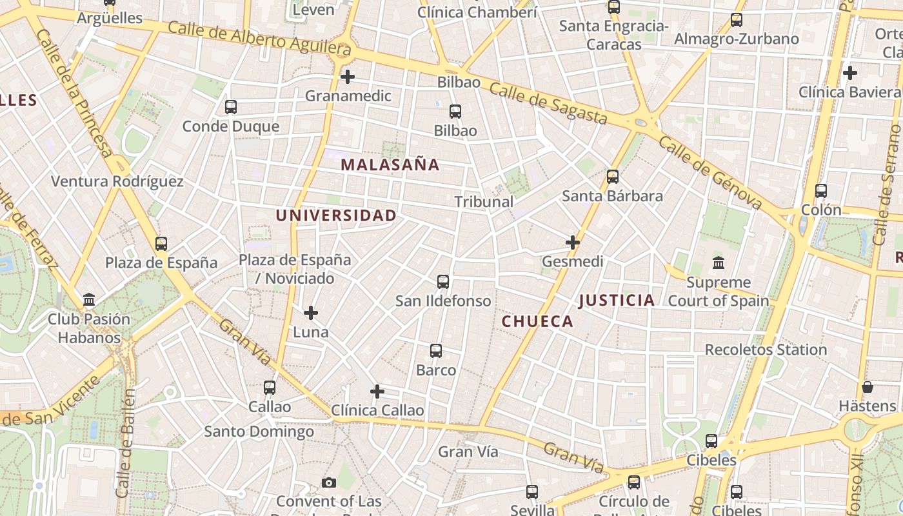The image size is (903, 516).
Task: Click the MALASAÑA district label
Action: pyautogui.click(x=390, y=165)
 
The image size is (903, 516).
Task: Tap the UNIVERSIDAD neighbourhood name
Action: pyautogui.click(x=336, y=215)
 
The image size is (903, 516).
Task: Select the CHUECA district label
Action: pyautogui.click(x=537, y=322)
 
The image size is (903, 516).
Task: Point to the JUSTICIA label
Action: pyautogui.click(x=617, y=300)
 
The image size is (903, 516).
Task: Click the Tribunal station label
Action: pyautogui.click(x=484, y=202)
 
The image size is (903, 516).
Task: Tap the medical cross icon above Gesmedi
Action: pyautogui.click(x=572, y=243)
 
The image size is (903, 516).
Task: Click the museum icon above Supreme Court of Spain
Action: pyautogui.click(x=718, y=263)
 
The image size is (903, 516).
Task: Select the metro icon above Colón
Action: pyautogui.click(x=820, y=191)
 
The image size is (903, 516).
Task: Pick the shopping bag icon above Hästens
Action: pyautogui.click(x=867, y=387)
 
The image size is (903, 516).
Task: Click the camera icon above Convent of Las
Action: pyautogui.click(x=329, y=482)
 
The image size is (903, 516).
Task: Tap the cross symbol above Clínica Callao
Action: pyautogui.click(x=377, y=392)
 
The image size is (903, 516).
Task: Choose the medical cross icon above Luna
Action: pyautogui.click(x=311, y=313)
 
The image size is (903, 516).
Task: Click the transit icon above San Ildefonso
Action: pyautogui.click(x=443, y=282)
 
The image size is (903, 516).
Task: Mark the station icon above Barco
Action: pyautogui.click(x=436, y=351)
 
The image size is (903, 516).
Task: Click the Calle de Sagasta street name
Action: pyautogui.click(x=548, y=103)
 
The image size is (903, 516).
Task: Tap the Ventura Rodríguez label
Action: pyautogui.click(x=117, y=182)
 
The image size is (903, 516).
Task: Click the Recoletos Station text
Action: pyautogui.click(x=766, y=350)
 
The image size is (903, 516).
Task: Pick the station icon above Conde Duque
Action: pyautogui.click(x=231, y=107)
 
